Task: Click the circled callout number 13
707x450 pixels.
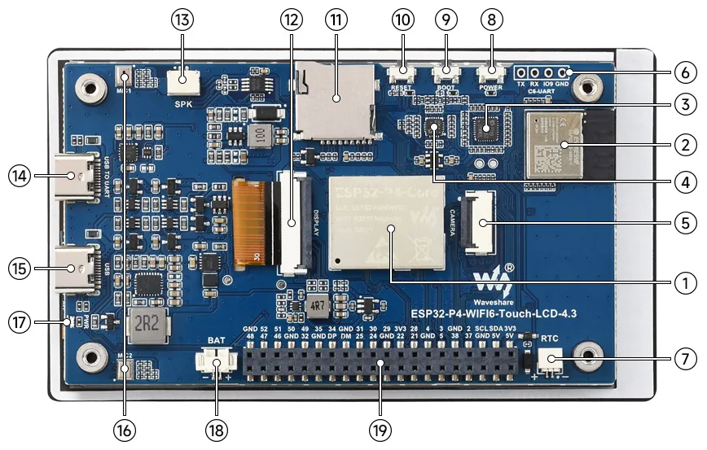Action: [181, 20]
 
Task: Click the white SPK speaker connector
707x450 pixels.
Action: [182, 80]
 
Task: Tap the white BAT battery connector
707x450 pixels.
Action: [217, 359]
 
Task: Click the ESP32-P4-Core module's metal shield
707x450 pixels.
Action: [386, 223]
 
